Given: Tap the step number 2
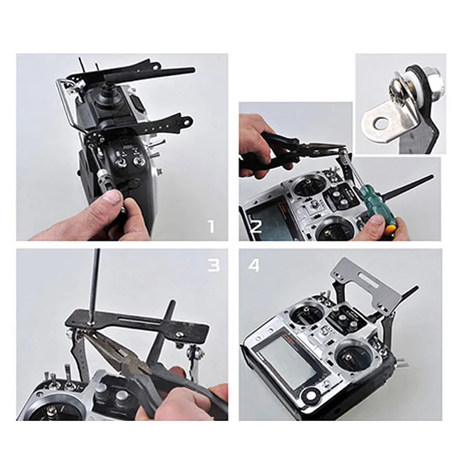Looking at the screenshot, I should click(256, 228).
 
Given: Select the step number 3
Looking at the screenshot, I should click(213, 265).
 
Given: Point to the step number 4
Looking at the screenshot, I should click(254, 265).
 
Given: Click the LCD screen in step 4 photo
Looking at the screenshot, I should click(289, 361).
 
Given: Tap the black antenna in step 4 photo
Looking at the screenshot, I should click(409, 294).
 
